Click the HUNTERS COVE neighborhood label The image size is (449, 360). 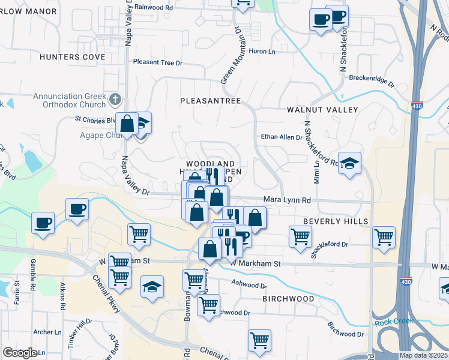pyautogui.click(x=72, y=57)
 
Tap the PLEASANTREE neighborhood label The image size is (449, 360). pyautogui.click(x=210, y=101)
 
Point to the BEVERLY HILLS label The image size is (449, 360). pyautogui.click(x=335, y=221)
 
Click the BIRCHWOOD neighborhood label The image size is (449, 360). pyautogui.click(x=288, y=298)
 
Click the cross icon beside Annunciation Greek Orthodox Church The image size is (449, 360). pyautogui.click(x=116, y=98)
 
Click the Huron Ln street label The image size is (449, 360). pyautogui.click(x=262, y=52)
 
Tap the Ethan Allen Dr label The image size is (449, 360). pyautogui.click(x=281, y=137)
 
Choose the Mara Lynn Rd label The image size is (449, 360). pyautogui.click(x=287, y=200)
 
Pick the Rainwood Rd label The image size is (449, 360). pyautogui.click(x=153, y=7)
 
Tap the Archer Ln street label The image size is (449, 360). pyautogui.click(x=47, y=332)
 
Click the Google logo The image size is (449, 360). pyautogui.click(x=20, y=353)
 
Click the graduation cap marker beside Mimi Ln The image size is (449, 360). pyautogui.click(x=349, y=163)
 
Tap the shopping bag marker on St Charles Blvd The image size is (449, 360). pyautogui.click(x=128, y=124)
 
